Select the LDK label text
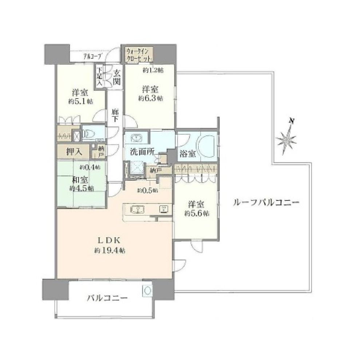106,240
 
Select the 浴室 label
187,154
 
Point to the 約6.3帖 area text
150,98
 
